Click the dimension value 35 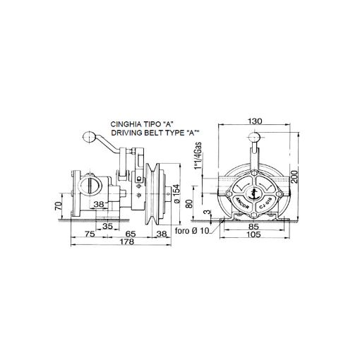point(107,225)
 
